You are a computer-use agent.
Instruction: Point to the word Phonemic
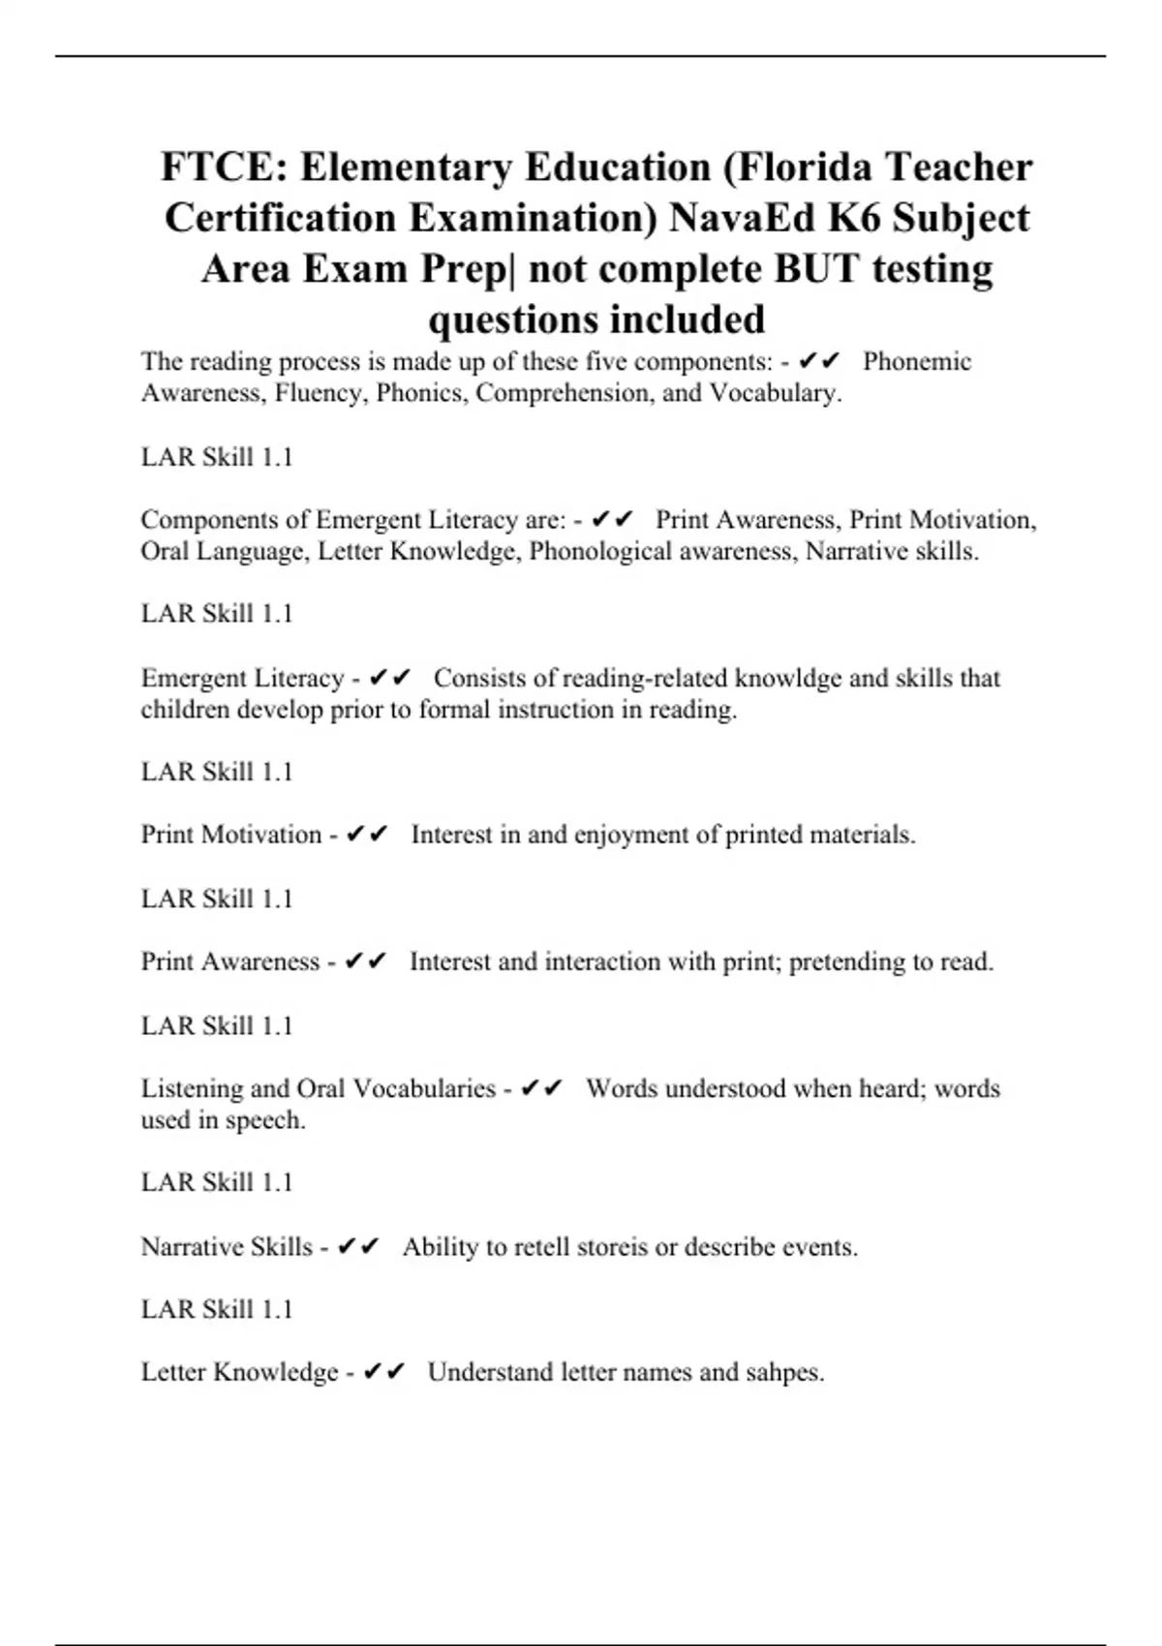click(x=917, y=362)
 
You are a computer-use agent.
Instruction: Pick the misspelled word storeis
click(x=612, y=1246)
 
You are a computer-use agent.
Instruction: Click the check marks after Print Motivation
click(x=367, y=835)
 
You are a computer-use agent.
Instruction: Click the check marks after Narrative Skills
click(x=358, y=1246)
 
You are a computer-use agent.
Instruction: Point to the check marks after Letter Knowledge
click(x=383, y=1372)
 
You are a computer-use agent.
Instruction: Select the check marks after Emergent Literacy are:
click(x=612, y=520)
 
